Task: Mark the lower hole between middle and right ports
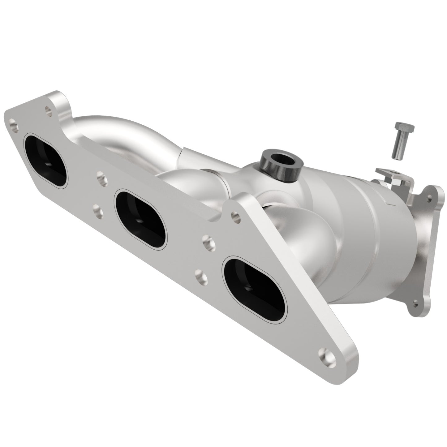[x=200, y=274]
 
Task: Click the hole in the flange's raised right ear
[x=235, y=216]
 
